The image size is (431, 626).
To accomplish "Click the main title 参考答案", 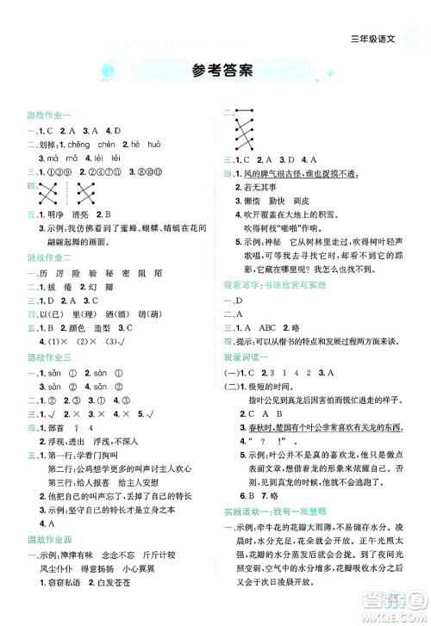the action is pyautogui.click(x=215, y=71).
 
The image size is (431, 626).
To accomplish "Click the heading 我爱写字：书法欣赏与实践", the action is pyautogui.click(x=279, y=282).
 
